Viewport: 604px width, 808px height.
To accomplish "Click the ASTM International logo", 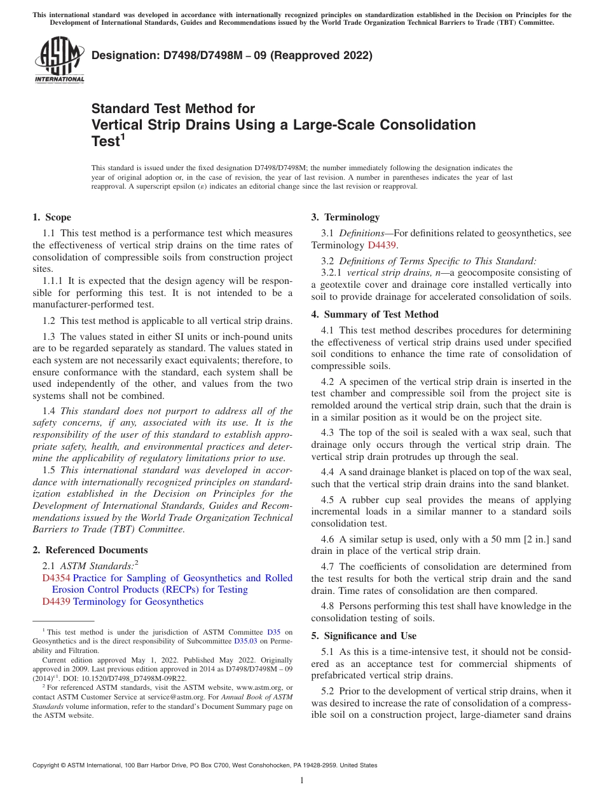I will (59, 60).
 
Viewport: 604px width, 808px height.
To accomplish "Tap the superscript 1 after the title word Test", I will (123, 137).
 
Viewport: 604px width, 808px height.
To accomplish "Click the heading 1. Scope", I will (52, 217).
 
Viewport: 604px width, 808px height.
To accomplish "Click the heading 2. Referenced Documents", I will (90, 550).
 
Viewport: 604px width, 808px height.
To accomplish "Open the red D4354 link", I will (57, 578).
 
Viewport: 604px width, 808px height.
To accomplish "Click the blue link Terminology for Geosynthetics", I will (139, 602).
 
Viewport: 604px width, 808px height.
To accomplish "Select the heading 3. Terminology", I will (345, 217).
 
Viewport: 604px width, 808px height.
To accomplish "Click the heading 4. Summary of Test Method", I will (375, 314).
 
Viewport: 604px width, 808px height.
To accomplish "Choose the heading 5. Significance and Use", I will (364, 636).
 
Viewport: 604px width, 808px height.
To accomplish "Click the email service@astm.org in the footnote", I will (175, 697).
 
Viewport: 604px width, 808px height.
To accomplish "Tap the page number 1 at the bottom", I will (302, 780).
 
